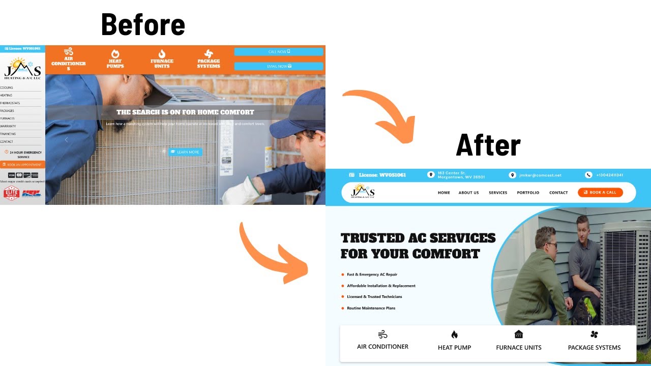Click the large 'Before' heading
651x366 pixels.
coord(143,25)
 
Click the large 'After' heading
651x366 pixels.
coord(488,146)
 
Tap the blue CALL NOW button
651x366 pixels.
coord(279,52)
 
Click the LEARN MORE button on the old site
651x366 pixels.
coord(185,152)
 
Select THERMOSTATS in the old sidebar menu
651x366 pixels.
coord(10,103)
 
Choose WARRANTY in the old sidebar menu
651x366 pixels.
coord(8,126)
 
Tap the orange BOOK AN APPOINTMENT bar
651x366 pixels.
coord(22,165)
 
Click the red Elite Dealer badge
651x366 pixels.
coord(11,193)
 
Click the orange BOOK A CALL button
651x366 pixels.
coord(600,193)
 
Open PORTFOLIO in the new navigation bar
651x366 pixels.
coord(528,193)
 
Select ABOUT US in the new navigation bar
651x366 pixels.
coord(468,193)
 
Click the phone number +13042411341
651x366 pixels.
coord(609,175)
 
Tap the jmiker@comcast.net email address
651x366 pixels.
coord(540,175)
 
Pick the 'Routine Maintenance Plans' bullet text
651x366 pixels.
coord(371,308)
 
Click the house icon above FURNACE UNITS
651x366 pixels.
coord(518,334)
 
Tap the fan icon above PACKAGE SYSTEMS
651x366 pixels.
coord(594,334)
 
